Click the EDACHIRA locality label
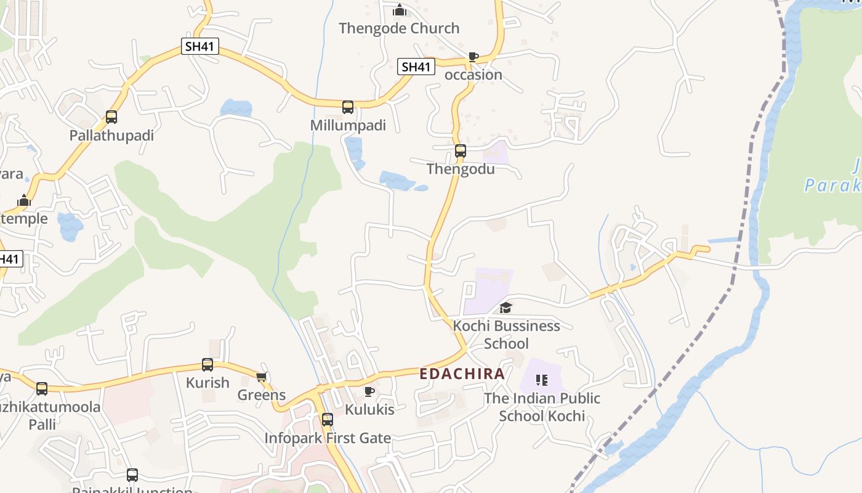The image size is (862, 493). [462, 373]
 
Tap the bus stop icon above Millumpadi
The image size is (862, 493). [348, 107]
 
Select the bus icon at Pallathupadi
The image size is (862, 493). [111, 117]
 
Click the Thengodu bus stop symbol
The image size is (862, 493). [461, 151]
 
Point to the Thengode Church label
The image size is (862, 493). [399, 28]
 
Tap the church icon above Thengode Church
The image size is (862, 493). [400, 10]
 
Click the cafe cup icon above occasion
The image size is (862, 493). [473, 57]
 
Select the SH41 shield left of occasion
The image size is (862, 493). [416, 67]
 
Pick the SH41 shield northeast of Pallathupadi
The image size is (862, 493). [200, 46]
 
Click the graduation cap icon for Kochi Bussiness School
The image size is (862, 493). [506, 308]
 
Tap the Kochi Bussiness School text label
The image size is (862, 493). [507, 334]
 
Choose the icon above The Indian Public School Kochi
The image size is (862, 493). [542, 380]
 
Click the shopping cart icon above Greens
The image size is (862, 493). [262, 377]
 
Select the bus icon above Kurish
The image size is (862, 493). [207, 364]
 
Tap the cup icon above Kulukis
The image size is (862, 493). [369, 391]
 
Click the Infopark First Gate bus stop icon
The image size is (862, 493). [328, 420]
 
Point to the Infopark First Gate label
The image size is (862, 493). [328, 438]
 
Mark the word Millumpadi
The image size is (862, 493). [348, 126]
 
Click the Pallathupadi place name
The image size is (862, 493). [111, 136]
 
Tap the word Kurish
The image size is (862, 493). [207, 383]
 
